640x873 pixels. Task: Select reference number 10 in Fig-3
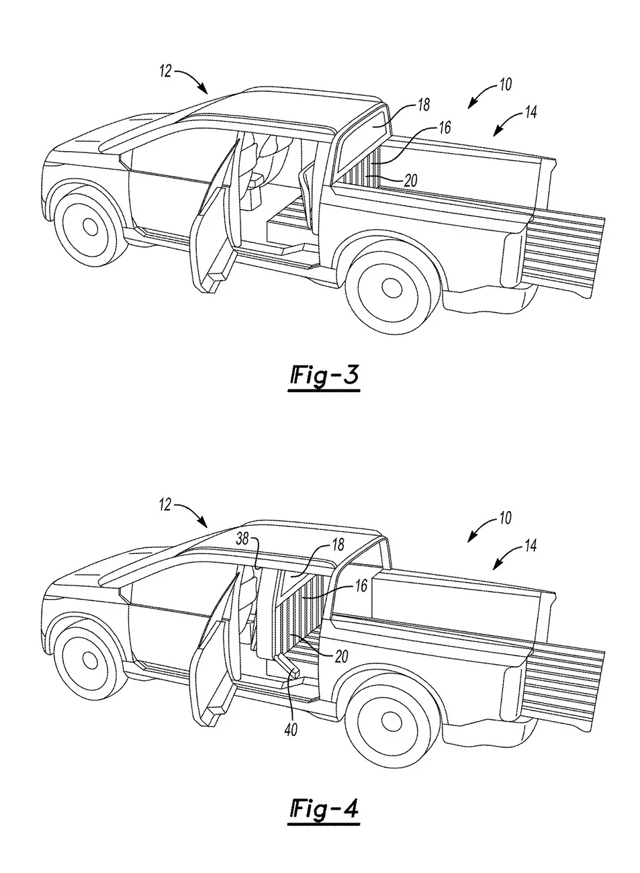coord(504,85)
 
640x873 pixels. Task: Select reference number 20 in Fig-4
coord(342,657)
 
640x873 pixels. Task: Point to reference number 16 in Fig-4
coord(361,586)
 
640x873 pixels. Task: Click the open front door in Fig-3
coord(216,222)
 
